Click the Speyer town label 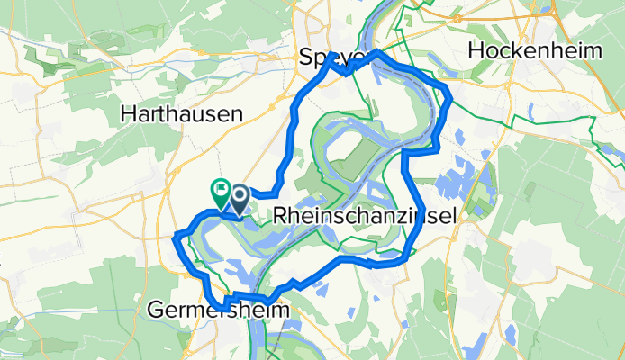(x=333, y=58)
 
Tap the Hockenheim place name (x=535, y=51)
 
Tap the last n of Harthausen (x=238, y=114)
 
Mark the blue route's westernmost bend (x=174, y=238)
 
